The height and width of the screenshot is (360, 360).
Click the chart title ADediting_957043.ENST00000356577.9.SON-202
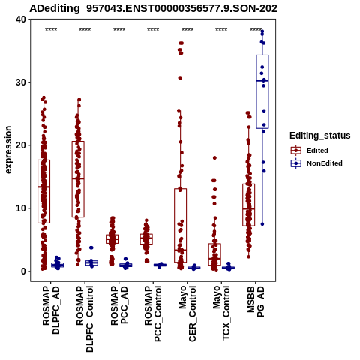click(x=153, y=8)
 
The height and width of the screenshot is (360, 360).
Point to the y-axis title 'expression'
click(x=8, y=150)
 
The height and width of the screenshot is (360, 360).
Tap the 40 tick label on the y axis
click(x=21, y=19)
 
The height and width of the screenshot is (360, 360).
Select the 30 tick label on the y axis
click(x=21, y=82)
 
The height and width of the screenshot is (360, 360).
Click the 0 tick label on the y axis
click(x=24, y=271)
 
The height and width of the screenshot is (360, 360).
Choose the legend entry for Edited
click(x=317, y=151)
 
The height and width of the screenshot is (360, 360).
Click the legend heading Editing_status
click(x=320, y=136)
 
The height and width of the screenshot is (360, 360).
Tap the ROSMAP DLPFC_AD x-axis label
click(x=51, y=310)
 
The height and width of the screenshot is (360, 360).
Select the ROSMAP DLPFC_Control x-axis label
click(x=85, y=319)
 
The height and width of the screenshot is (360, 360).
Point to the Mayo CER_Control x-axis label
click(x=187, y=313)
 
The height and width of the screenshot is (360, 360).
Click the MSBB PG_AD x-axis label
click(x=256, y=301)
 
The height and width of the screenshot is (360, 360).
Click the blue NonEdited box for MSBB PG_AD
click(x=262, y=91)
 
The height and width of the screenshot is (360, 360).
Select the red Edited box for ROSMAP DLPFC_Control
click(x=78, y=179)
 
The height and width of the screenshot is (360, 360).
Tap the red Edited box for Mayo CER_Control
click(x=181, y=226)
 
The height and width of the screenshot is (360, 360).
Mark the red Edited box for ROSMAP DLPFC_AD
click(x=44, y=191)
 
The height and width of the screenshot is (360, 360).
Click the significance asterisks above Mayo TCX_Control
click(x=221, y=30)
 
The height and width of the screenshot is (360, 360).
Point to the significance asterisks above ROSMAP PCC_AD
click(x=119, y=30)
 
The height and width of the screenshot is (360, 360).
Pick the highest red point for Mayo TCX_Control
click(x=214, y=158)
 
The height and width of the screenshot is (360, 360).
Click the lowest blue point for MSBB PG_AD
click(x=262, y=224)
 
